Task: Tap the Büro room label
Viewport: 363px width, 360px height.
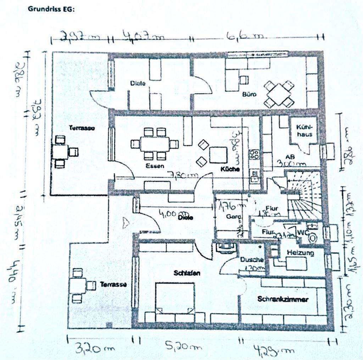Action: click(x=249, y=95)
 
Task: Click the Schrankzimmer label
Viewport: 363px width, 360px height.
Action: click(x=283, y=299)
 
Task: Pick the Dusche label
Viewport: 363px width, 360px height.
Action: click(x=251, y=260)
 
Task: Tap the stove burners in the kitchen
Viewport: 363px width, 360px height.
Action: click(x=255, y=154)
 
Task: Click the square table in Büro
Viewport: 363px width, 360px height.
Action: click(x=279, y=94)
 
